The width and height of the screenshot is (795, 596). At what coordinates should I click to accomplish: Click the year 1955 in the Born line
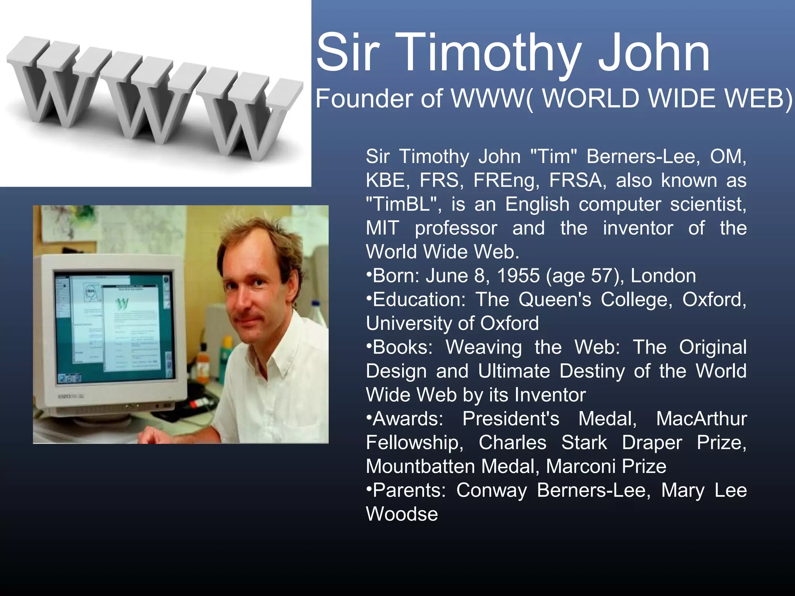pos(518,276)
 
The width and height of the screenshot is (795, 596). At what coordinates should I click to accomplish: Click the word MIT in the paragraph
pos(382,228)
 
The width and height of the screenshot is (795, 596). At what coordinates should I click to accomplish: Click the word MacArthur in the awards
pos(701,419)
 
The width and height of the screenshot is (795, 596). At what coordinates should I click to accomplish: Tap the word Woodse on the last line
pos(402,515)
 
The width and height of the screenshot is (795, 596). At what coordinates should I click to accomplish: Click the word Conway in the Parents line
pos(491,490)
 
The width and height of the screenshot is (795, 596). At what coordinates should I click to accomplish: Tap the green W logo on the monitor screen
pos(122,303)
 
